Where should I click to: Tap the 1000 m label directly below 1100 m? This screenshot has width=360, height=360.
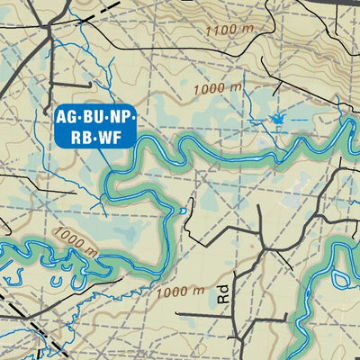(x=217, y=89)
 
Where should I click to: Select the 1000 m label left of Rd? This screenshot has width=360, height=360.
(x=180, y=291)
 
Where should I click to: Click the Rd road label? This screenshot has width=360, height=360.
(x=222, y=294)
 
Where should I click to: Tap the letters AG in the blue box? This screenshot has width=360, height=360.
(x=67, y=117)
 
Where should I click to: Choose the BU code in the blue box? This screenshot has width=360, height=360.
(x=94, y=117)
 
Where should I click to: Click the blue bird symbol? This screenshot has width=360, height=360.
(x=276, y=119)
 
